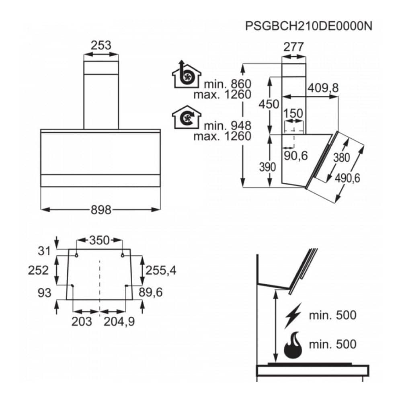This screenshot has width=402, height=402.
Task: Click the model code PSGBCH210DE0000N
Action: [309, 26]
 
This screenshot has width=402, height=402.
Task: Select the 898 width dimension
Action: [101, 210]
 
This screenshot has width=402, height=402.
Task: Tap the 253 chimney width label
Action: [101, 45]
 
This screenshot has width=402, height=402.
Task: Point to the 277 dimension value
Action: [293, 47]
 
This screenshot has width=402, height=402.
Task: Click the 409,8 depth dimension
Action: [323, 88]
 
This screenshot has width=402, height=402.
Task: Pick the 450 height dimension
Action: [269, 104]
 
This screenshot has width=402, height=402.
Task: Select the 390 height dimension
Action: [267, 167]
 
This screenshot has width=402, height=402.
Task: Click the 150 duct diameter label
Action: [293, 113]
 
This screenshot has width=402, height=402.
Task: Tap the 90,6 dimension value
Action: [295, 156]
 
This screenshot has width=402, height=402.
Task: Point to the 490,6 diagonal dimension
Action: [347, 178]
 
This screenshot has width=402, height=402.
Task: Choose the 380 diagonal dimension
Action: [341, 158]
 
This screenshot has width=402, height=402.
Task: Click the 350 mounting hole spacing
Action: [99, 240]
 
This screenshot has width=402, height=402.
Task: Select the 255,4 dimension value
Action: [161, 270]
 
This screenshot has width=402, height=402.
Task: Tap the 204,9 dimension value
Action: [119, 321]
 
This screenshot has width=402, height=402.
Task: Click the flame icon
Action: [293, 345]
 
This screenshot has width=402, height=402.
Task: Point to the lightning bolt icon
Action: [293, 316]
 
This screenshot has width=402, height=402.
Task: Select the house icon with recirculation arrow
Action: [187, 117]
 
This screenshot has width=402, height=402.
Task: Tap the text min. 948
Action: [228, 125]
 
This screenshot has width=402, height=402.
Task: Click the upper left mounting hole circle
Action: [76, 255]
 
